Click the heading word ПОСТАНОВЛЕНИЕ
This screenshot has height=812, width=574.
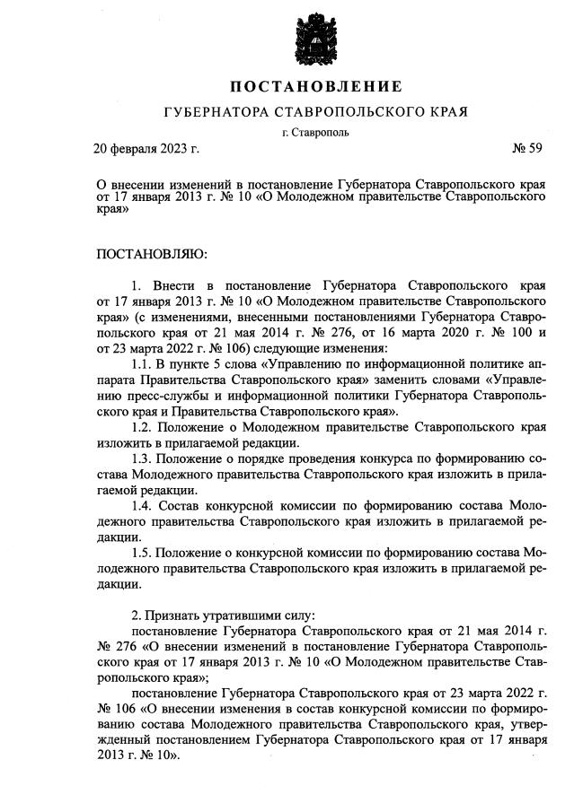[x=315, y=87]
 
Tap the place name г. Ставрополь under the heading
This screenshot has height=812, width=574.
[x=314, y=133]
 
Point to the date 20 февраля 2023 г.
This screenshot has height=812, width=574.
[x=147, y=147]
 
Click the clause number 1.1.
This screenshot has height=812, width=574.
[x=142, y=364]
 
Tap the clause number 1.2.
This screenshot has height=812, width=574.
[x=142, y=427]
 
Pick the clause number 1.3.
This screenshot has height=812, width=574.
[x=142, y=458]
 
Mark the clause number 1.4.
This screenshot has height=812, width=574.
[x=142, y=506]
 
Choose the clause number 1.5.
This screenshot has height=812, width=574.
[x=142, y=553]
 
